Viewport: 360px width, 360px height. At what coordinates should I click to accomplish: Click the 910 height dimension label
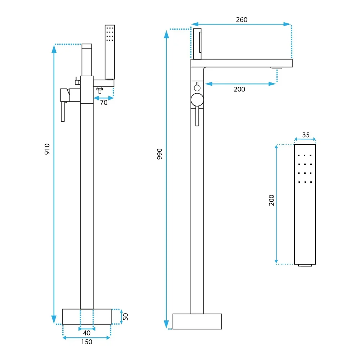pyautogui.click(x=47, y=149)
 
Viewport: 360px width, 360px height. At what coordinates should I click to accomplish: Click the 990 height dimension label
pyautogui.click(x=159, y=154)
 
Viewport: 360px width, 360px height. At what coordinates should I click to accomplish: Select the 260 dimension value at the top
pyautogui.click(x=242, y=20)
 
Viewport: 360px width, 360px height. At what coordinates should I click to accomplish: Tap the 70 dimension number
pyautogui.click(x=104, y=103)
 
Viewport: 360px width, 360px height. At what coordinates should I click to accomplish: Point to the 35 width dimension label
pyautogui.click(x=306, y=135)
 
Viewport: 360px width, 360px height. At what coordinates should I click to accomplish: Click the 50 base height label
pyautogui.click(x=125, y=316)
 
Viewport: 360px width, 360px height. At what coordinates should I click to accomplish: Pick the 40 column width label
pyautogui.click(x=86, y=333)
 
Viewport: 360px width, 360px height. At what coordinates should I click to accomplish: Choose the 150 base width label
pyautogui.click(x=86, y=342)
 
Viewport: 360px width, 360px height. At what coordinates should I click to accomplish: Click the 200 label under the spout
pyautogui.click(x=239, y=89)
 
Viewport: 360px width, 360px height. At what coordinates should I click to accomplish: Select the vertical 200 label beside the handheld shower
pyautogui.click(x=271, y=200)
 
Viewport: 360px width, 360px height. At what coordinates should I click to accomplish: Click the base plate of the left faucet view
pyautogui.click(x=87, y=316)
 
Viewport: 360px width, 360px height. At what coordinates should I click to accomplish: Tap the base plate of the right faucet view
pyautogui.click(x=197, y=321)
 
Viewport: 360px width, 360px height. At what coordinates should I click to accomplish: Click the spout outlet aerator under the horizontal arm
pyautogui.click(x=276, y=68)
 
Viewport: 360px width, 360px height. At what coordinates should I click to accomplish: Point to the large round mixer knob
pyautogui.click(x=197, y=100)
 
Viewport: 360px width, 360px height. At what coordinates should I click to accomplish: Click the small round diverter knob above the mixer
pyautogui.click(x=197, y=87)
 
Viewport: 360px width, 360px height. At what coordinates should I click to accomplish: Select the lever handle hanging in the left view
pyautogui.click(x=63, y=112)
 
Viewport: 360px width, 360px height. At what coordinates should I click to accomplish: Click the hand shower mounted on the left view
pyautogui.click(x=110, y=52)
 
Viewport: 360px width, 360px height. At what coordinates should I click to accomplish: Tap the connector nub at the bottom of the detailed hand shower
pyautogui.click(x=305, y=265)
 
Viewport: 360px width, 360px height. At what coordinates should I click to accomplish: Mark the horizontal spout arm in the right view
pyautogui.click(x=242, y=63)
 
